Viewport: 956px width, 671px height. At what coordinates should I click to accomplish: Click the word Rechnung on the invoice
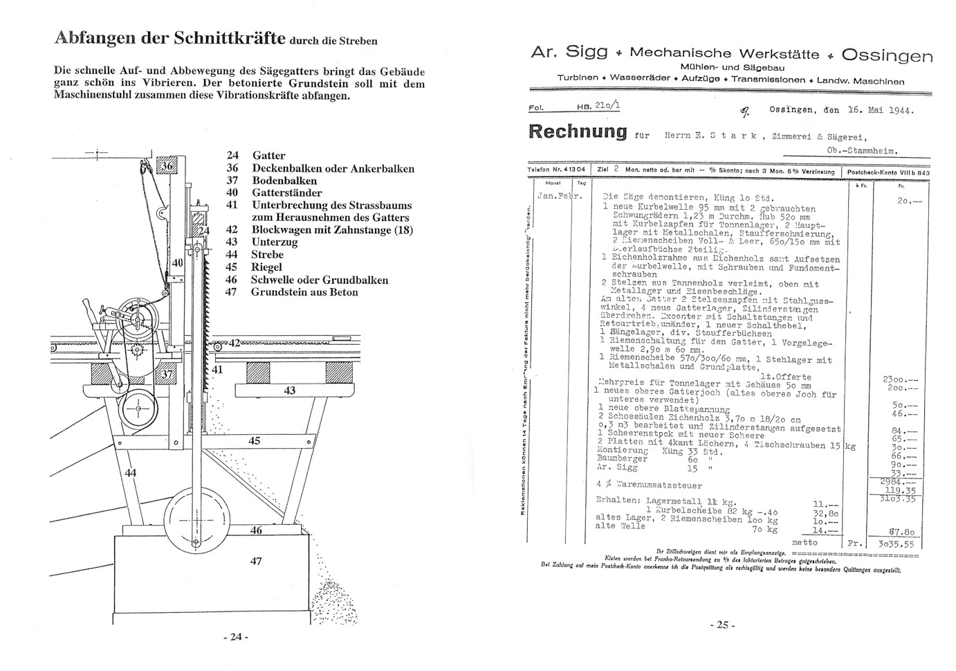577,131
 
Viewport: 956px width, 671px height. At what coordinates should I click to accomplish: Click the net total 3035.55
896,544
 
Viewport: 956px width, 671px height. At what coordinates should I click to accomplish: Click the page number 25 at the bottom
722,625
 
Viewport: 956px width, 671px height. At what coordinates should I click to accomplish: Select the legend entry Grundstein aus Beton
304,292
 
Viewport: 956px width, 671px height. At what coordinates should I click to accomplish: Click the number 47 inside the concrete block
256,561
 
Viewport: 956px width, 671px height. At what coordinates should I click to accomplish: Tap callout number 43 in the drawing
290,391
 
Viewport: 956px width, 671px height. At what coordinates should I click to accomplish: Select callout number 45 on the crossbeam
255,441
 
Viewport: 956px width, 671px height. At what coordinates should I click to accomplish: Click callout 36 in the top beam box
166,167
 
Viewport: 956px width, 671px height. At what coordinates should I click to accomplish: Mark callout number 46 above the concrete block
256,530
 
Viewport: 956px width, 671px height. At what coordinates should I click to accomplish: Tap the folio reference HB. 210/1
598,107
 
